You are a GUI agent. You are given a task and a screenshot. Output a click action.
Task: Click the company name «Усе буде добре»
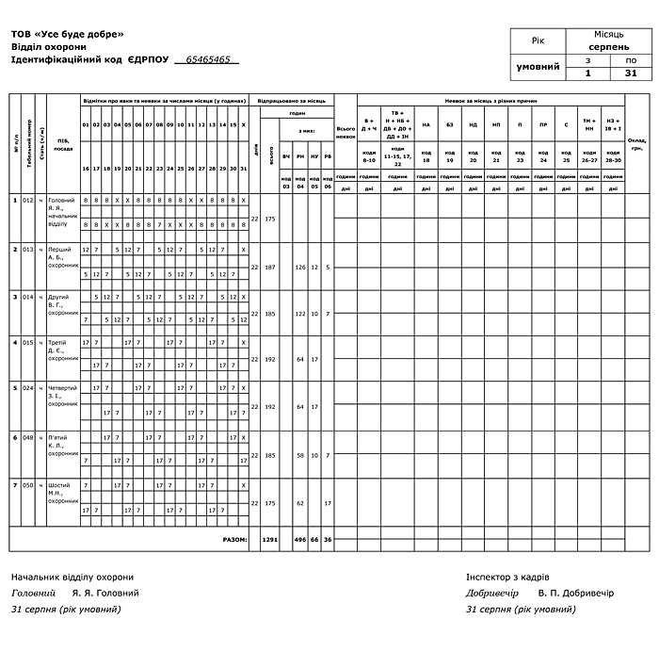tap(84, 34)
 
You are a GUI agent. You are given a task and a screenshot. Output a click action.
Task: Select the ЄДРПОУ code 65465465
tap(208, 59)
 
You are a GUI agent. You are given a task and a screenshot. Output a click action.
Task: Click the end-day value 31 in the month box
tap(630, 73)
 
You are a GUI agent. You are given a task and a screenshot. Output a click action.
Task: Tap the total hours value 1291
tap(270, 541)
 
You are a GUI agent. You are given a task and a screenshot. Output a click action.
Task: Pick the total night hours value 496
tap(300, 541)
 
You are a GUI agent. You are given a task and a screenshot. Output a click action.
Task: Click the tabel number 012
tap(28, 200)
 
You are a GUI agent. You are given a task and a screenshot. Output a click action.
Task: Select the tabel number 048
tap(28, 437)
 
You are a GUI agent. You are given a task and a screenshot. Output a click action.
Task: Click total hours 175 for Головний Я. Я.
tap(270, 219)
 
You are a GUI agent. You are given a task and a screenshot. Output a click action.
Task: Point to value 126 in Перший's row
tap(300, 267)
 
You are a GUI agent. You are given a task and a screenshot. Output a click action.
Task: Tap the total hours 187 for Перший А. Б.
tap(270, 267)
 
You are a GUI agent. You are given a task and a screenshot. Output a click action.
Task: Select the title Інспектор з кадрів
tap(507, 577)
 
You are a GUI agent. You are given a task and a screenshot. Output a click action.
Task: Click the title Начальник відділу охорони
tap(72, 577)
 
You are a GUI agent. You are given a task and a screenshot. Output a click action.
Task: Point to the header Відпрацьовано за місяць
tap(292, 100)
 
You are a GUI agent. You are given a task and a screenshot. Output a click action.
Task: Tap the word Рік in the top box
tap(538, 41)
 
